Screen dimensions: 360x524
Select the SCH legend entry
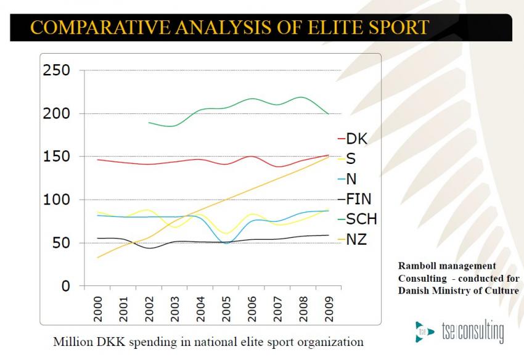click(x=358, y=219)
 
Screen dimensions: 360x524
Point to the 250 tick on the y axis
click(x=56, y=71)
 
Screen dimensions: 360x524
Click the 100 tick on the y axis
click(x=56, y=200)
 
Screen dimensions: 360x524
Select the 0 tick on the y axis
click(x=65, y=287)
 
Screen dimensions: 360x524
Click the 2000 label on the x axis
click(x=98, y=307)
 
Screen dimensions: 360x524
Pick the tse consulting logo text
click(x=472, y=331)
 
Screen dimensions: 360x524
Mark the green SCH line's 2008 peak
click(x=301, y=97)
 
